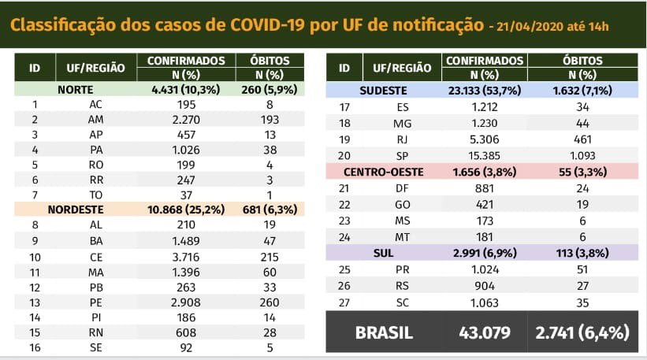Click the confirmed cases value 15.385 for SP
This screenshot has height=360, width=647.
click(485, 155)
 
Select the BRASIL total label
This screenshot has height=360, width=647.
click(384, 332)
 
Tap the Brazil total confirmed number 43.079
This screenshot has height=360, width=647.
click(485, 332)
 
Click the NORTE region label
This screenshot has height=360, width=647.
click(76, 90)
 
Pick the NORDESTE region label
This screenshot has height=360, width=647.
click(76, 210)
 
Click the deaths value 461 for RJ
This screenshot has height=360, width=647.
click(584, 139)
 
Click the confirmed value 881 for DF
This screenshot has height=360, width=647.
click(485, 187)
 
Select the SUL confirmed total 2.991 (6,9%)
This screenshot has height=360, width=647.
click(485, 252)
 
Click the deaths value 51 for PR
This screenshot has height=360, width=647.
click(584, 268)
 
